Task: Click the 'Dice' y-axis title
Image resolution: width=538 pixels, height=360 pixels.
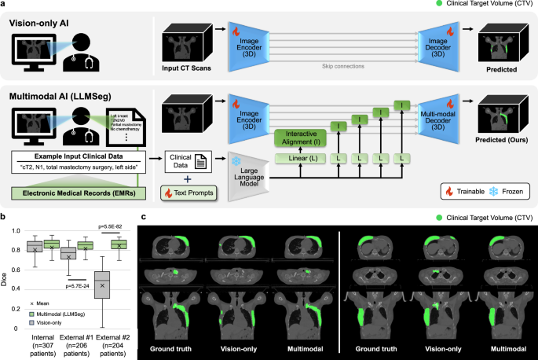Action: (7, 276)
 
